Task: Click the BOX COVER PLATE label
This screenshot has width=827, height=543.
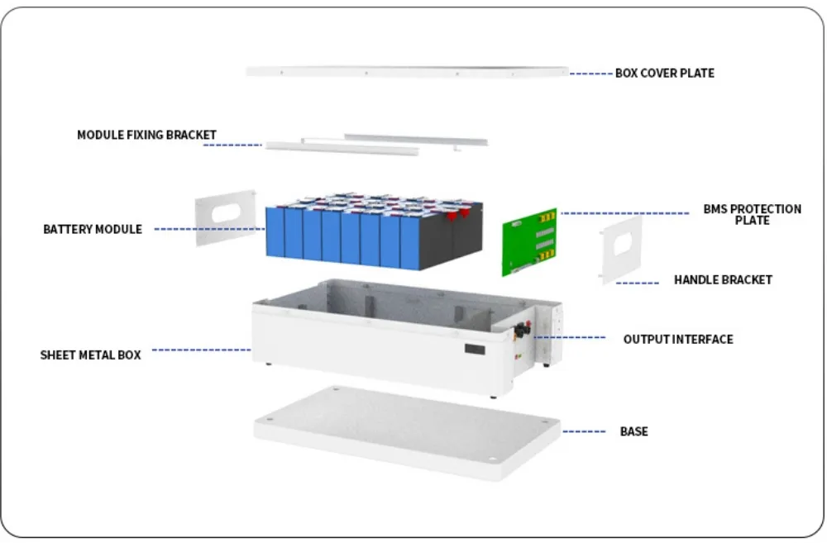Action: tap(664, 73)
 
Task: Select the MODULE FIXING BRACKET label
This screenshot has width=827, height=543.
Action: tap(146, 135)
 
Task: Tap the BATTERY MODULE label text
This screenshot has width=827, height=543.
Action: tap(93, 229)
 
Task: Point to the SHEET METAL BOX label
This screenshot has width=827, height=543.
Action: tap(91, 355)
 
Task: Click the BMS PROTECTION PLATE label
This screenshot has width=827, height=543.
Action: tap(752, 214)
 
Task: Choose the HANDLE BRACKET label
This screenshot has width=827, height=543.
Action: tap(723, 280)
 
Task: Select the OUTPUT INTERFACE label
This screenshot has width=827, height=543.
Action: tap(678, 339)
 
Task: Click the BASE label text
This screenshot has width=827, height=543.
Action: tap(633, 431)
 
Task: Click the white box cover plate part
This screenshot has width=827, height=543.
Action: tap(405, 72)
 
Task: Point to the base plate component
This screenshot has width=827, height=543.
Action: tap(405, 430)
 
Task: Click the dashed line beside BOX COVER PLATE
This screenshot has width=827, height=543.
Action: tap(590, 74)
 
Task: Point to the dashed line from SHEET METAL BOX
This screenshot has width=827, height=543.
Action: tap(201, 350)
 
